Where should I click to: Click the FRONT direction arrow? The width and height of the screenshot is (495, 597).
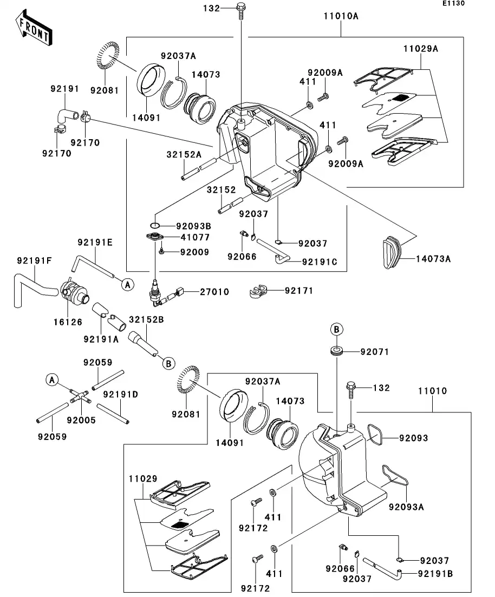34,30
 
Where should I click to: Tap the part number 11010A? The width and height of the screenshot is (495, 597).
341,16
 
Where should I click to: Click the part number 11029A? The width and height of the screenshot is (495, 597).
420,49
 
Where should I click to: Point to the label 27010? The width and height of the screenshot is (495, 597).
214,292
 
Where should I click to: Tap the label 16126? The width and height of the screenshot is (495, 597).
68,322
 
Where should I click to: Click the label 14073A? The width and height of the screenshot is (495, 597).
433,259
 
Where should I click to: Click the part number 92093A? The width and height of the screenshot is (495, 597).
406,507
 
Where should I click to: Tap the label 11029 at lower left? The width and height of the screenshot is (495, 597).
143,478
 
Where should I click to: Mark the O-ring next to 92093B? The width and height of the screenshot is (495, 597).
154,225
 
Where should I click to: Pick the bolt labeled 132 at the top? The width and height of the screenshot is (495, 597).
240,9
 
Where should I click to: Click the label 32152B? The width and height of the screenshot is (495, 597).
146,319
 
